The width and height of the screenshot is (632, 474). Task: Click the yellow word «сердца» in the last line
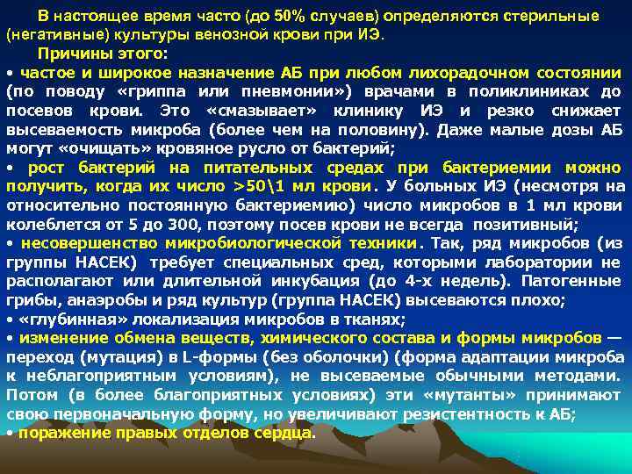(284, 432)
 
